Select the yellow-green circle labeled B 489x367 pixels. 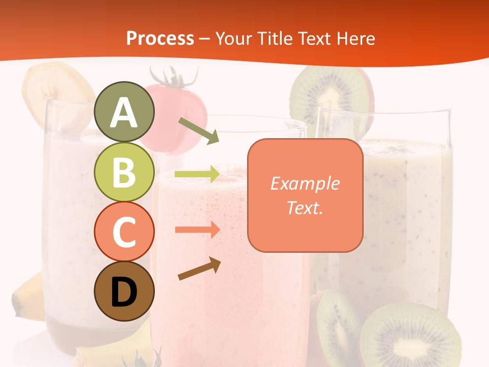coord(124,172)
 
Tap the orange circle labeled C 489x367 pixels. coord(124,231)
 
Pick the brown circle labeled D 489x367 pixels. coord(124,291)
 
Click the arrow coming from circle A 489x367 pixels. coord(199,130)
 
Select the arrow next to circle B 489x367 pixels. coord(197,174)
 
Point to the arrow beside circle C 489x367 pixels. coord(197,230)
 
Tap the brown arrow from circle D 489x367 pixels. coord(199,269)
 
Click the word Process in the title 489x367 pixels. coord(160,38)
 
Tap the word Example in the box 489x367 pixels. coord(305,183)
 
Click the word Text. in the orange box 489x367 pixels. coord(305,207)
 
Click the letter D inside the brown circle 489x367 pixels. coord(124,293)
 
